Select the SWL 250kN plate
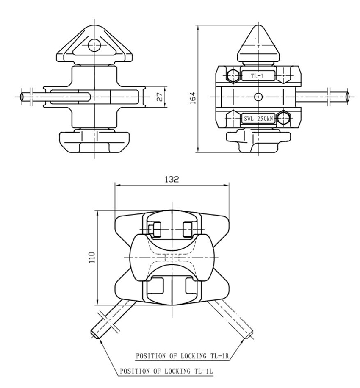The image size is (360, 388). click(258, 119)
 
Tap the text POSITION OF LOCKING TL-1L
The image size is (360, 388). click(166, 371)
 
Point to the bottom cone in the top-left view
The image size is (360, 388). click(94, 142)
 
